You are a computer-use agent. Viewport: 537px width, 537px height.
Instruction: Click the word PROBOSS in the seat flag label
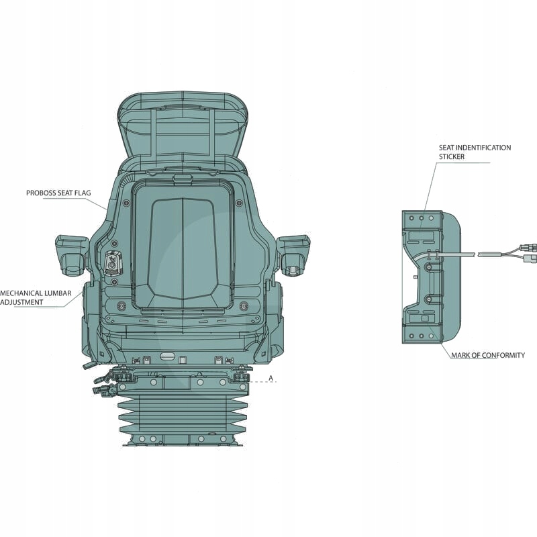pos(42,193)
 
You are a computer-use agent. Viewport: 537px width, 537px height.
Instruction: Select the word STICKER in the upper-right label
pos(453,156)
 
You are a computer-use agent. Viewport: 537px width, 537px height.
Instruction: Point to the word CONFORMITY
pos(502,355)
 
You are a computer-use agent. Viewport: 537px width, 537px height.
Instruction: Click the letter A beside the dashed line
pos(271,379)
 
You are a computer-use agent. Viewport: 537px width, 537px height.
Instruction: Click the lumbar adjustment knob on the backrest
pos(112,262)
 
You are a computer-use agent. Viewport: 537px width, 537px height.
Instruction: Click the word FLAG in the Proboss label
pos(83,193)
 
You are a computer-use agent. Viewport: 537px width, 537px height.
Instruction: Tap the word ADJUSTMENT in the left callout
pos(21,302)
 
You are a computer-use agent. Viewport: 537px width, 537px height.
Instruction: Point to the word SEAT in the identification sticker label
pos(447,148)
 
